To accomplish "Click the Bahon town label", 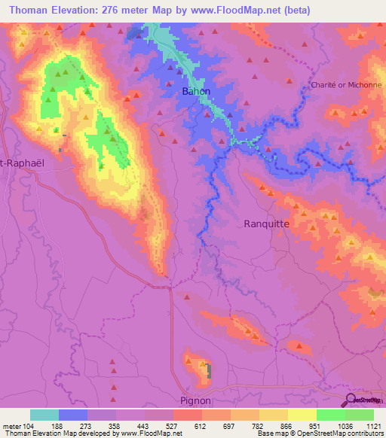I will point(197,92).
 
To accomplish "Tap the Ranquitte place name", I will point(267,224).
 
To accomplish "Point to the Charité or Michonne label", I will point(347,85).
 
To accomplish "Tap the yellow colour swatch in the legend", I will point(302,415).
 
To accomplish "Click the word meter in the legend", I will point(11,425).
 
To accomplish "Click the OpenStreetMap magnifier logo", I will point(348,399).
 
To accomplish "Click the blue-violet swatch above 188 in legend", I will point(73,415).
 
